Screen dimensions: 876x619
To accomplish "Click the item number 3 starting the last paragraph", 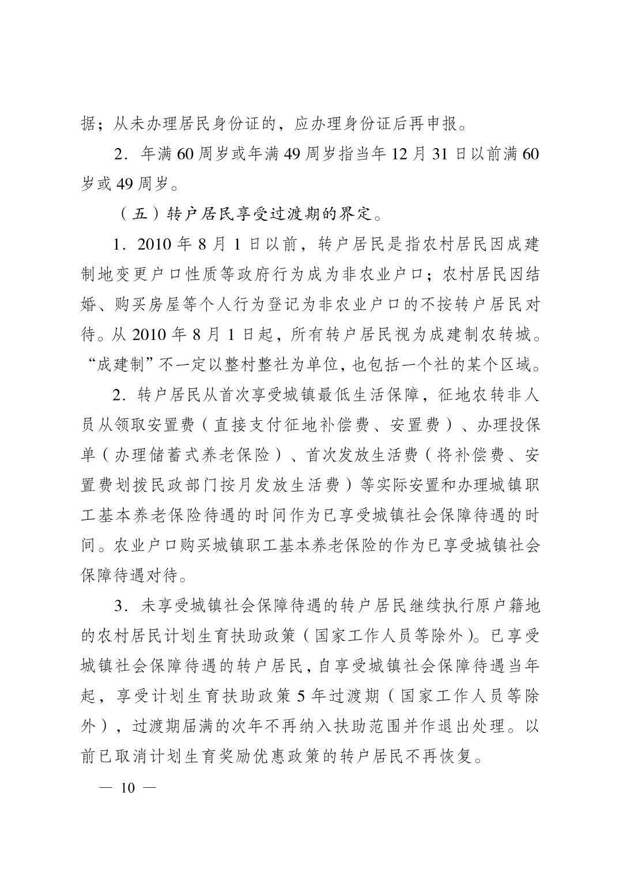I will coord(120,606).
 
